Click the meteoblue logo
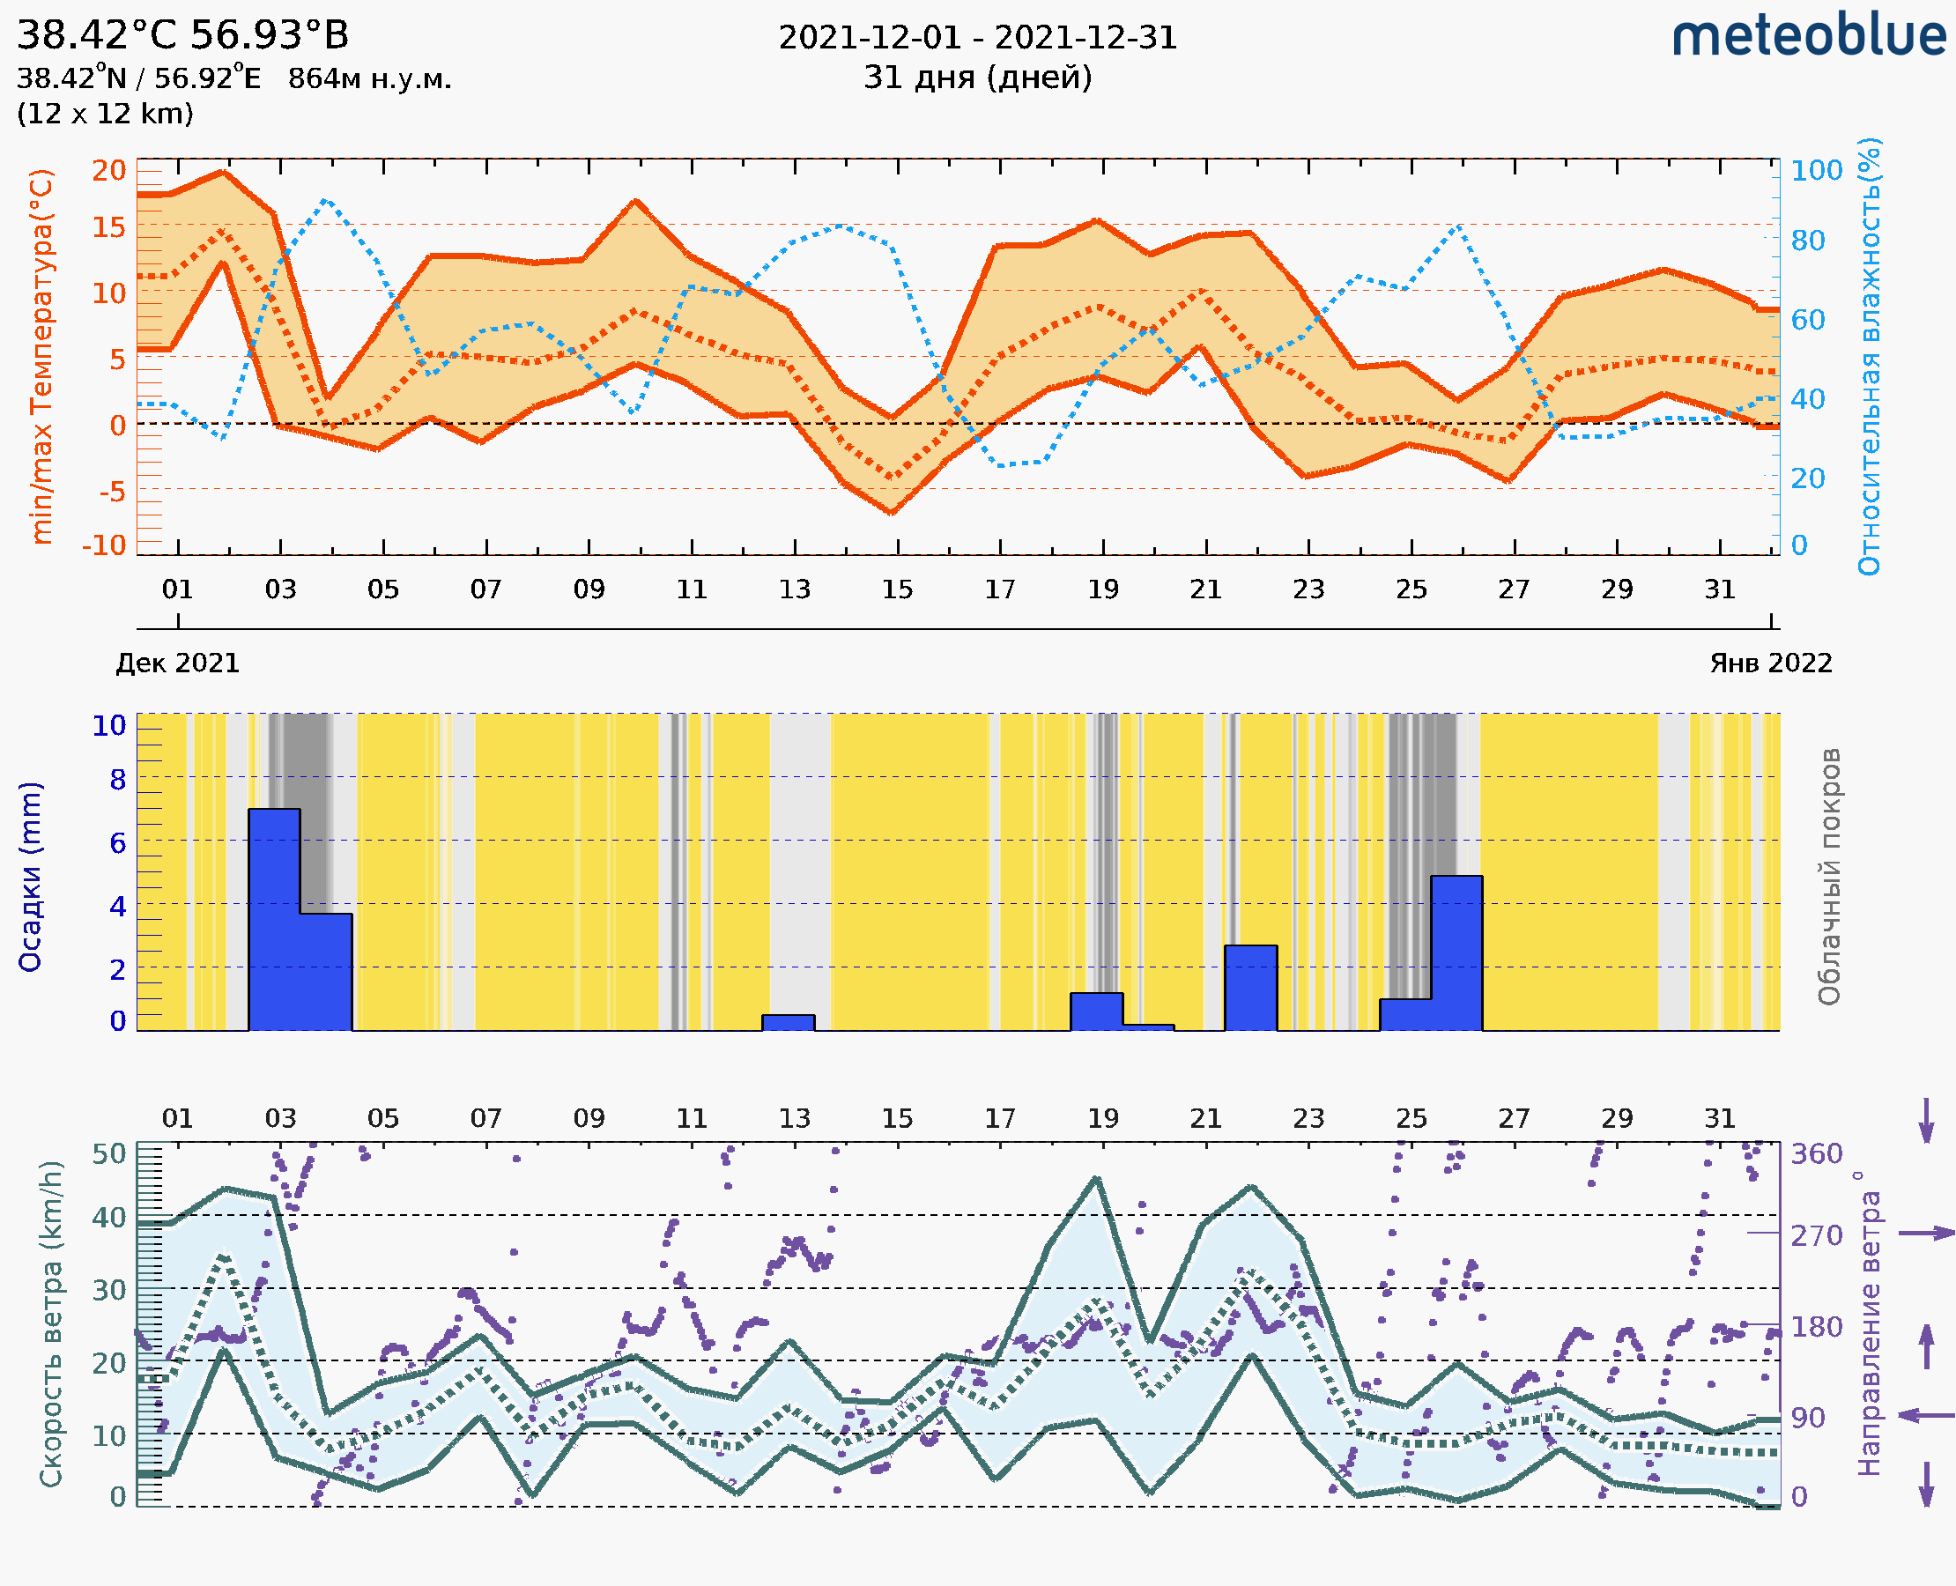click(1808, 36)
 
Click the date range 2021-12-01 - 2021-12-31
click(977, 38)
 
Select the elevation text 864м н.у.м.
click(369, 78)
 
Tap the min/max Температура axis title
click(42, 356)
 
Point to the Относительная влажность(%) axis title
click(1869, 356)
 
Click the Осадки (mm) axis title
click(30, 877)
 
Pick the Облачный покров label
click(1828, 877)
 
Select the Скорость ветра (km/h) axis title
click(51, 1323)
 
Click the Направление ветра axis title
click(1869, 1323)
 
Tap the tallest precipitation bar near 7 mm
click(274, 918)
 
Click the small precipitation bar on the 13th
click(789, 1022)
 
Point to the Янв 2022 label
click(1771, 663)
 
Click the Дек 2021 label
click(178, 663)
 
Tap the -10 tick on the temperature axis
click(104, 545)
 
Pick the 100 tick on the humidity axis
click(1816, 171)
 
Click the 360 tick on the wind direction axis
click(1816, 1154)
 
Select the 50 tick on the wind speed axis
click(109, 1154)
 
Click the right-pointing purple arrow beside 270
click(1926, 1234)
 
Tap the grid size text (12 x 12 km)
click(105, 115)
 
